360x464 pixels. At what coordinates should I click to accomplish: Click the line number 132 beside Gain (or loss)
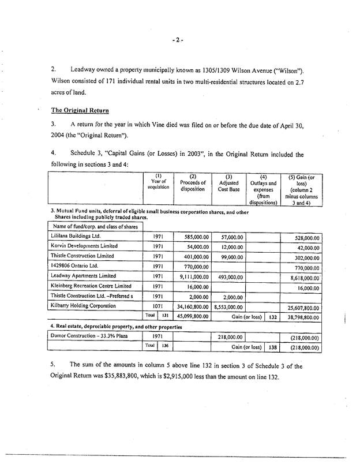point(273,317)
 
